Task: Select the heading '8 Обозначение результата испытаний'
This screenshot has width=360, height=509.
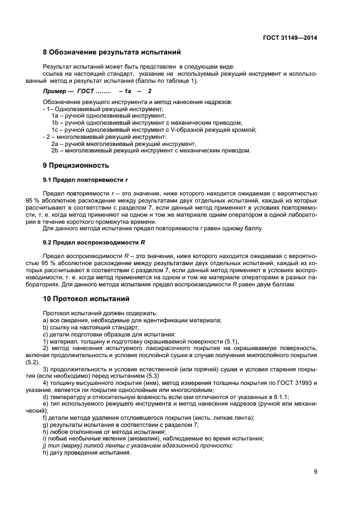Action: coord(112,53)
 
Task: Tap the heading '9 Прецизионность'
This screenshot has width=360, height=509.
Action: coord(76,164)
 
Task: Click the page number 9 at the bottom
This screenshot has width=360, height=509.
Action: coord(315,471)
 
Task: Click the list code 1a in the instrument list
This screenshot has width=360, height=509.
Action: coord(55,116)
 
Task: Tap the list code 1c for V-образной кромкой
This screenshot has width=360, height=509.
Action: coord(55,130)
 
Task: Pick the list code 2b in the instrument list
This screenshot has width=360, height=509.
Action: coord(55,150)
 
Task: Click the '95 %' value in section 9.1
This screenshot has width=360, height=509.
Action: coord(50,200)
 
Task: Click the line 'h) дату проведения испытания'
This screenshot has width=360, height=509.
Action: coord(86,452)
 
